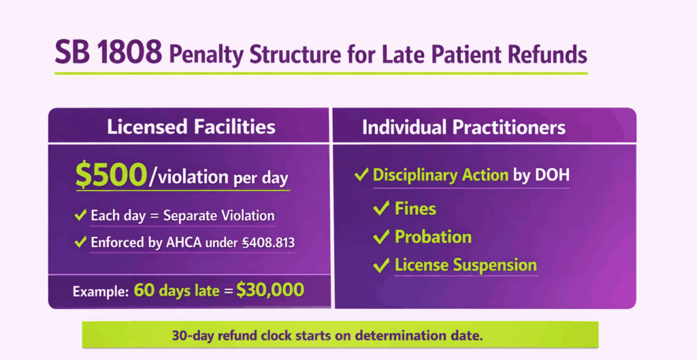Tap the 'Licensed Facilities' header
click(191, 127)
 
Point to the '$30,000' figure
click(270, 290)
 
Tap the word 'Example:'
click(100, 291)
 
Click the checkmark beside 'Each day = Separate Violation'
click(80, 216)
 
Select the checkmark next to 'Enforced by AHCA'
click(80, 242)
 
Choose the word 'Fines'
click(415, 208)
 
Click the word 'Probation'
click(433, 237)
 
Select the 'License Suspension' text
click(466, 265)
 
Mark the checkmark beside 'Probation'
click(381, 237)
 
